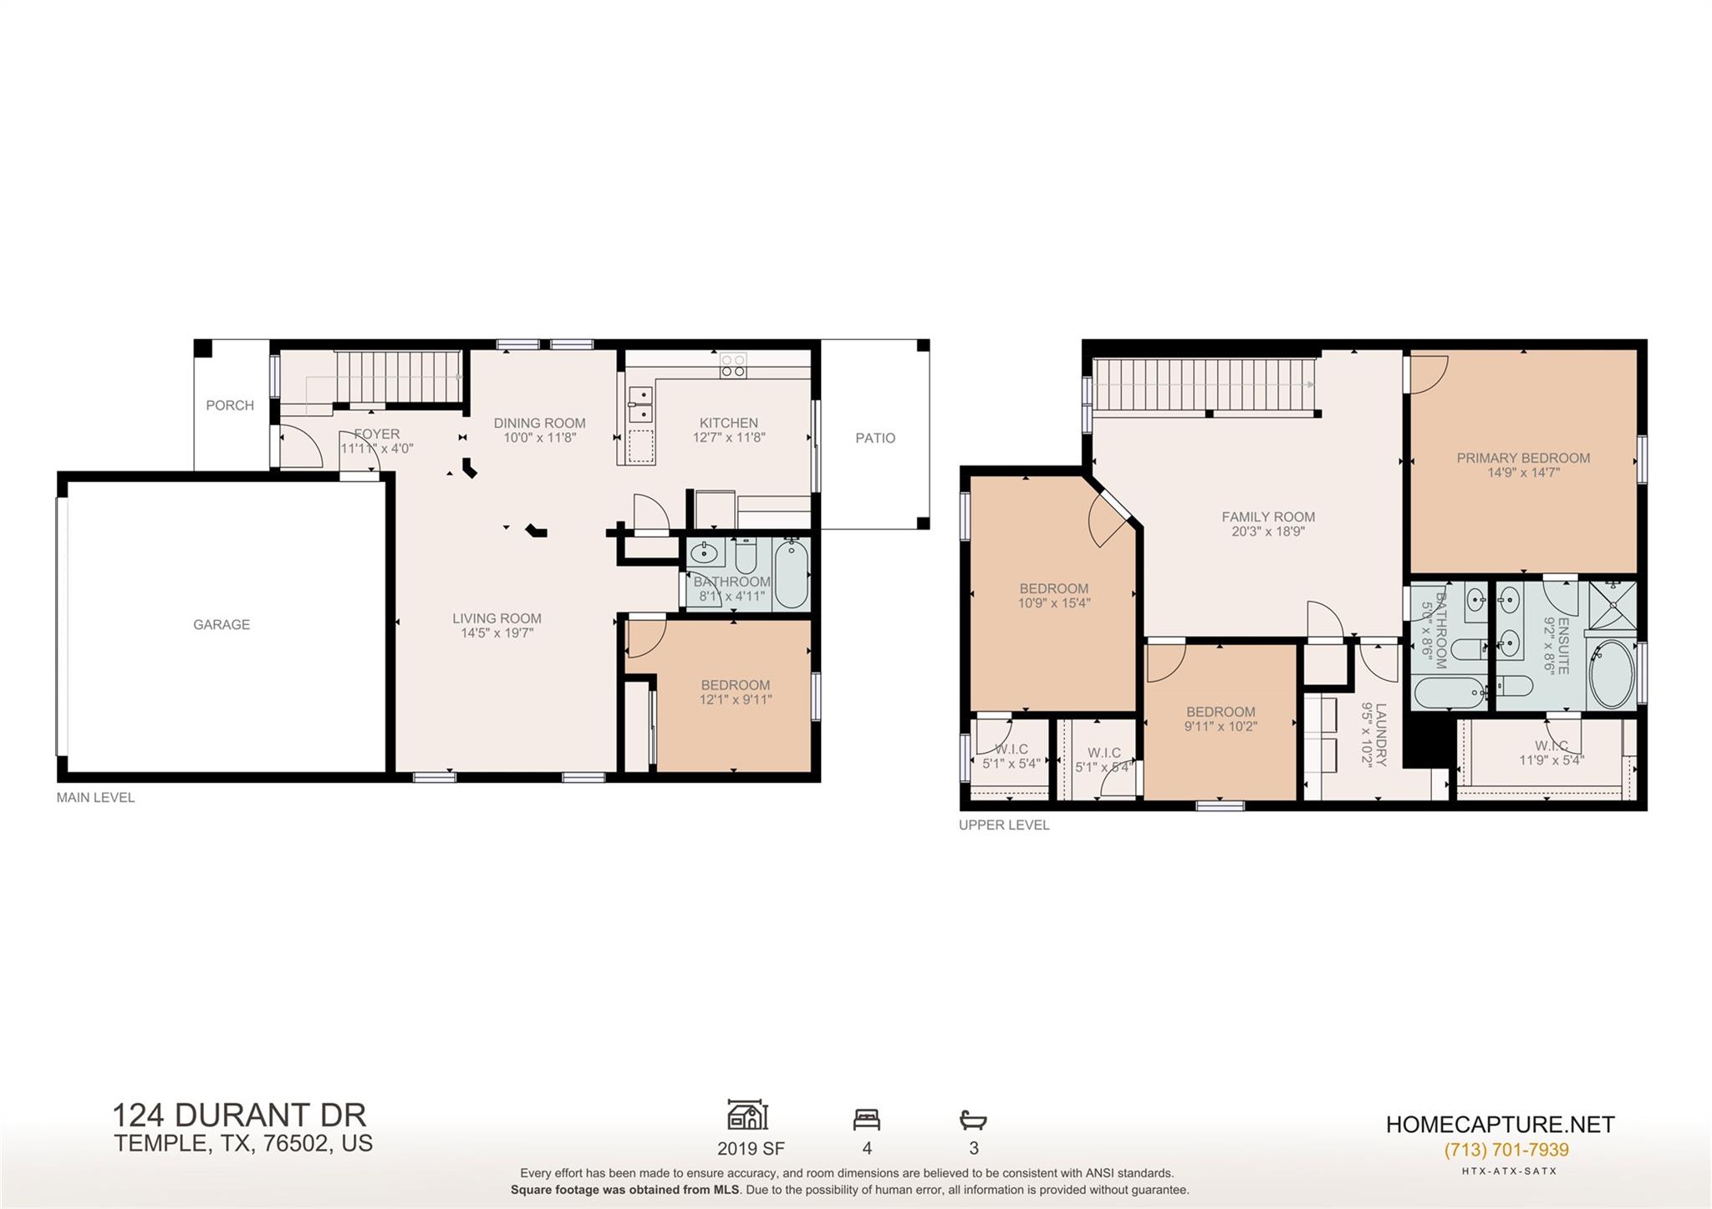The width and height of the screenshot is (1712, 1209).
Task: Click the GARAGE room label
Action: [222, 624]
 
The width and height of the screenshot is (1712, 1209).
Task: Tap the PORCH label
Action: [230, 405]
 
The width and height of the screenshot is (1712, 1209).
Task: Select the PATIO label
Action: [875, 438]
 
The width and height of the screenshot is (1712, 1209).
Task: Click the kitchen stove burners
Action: [733, 366]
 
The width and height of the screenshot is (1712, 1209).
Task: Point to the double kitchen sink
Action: [641, 404]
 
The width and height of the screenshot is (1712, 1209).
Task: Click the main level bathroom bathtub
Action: [791, 574]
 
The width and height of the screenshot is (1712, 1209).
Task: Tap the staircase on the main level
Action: [399, 377]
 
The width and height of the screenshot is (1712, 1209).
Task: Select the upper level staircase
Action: [1204, 384]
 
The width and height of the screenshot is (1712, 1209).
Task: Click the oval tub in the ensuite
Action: [1611, 673]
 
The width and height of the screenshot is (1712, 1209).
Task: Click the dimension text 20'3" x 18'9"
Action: [1268, 531]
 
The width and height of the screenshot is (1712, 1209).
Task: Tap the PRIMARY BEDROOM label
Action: [1523, 458]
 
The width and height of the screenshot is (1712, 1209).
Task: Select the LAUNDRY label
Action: [1380, 734]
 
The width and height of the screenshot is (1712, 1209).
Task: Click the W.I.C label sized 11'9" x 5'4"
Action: [1551, 745]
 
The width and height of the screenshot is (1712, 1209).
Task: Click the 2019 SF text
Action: [750, 1149]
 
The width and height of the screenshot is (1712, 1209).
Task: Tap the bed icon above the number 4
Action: [867, 1119]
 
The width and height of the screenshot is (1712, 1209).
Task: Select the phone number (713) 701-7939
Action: [1506, 1150]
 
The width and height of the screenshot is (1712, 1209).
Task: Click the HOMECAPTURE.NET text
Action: [1500, 1125]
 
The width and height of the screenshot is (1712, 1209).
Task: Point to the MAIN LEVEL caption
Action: [95, 797]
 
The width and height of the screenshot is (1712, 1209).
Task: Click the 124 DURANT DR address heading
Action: [239, 1115]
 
